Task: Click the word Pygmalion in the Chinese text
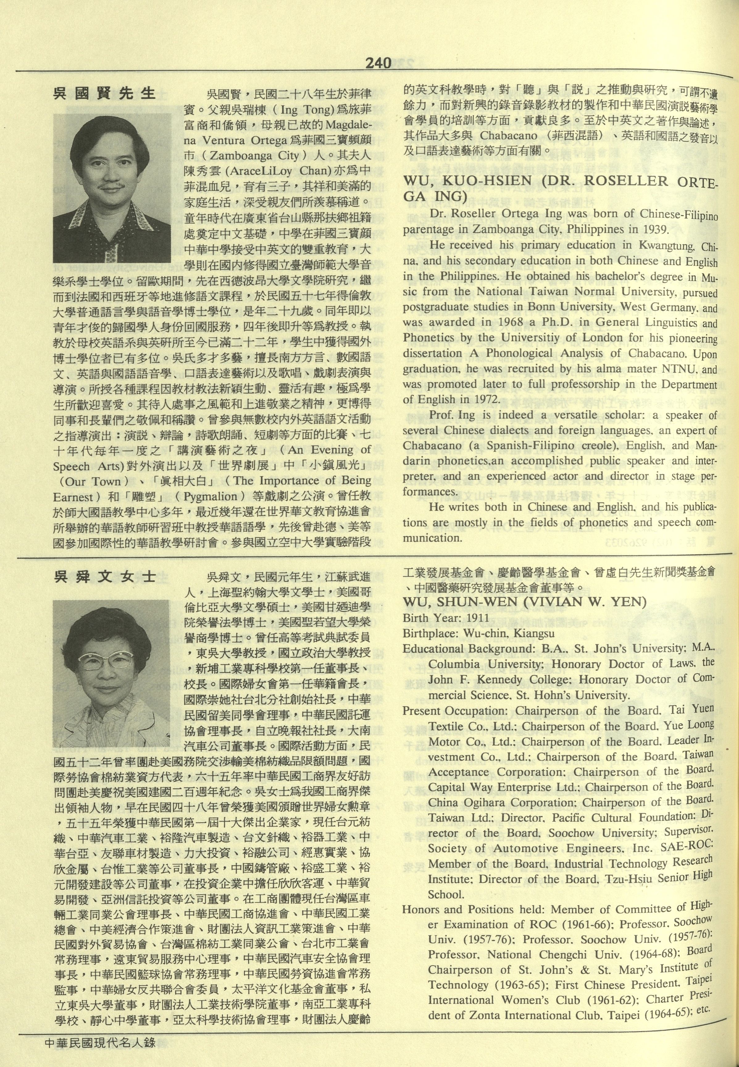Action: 210,497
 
